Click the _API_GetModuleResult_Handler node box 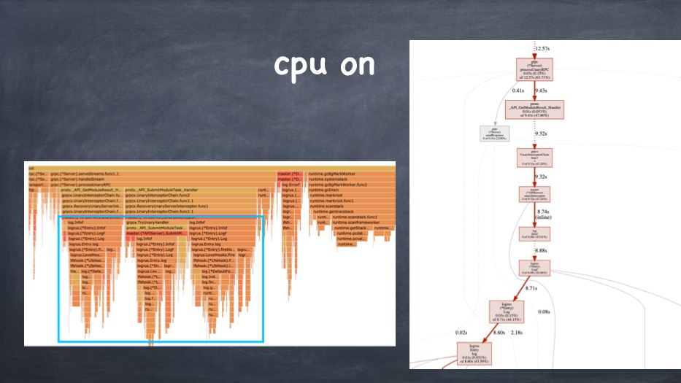pos(535,109)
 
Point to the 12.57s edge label pos(542,48)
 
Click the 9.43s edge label pos(541,90)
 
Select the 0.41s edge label pos(519,90)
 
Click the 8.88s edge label pos(541,250)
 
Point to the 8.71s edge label pos(531,289)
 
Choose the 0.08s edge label pos(544,312)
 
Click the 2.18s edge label pos(518,333)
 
